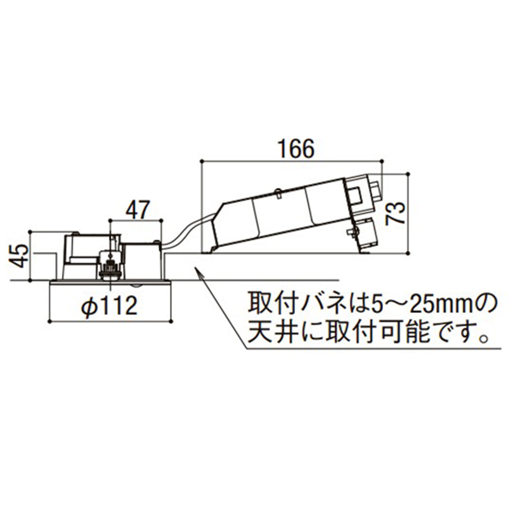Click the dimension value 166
point(297,149)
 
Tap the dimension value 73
point(396,213)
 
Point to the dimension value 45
point(19,255)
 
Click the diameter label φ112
point(110,306)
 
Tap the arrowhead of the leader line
point(199,273)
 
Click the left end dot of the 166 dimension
point(201,161)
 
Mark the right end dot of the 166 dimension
point(382,161)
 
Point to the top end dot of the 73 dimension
point(408,173)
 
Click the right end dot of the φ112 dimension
point(171,321)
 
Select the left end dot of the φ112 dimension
point(49,321)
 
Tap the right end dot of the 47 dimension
point(162,220)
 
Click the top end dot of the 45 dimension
point(30,231)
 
